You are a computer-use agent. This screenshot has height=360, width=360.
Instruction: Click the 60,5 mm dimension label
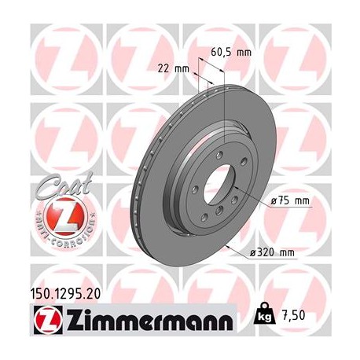click(x=230, y=53)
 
